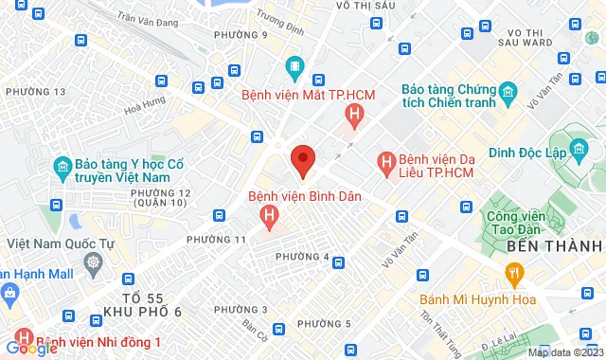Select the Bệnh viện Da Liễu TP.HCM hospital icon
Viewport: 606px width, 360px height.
coord(386,163)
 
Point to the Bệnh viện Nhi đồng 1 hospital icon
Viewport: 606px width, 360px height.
coord(21,341)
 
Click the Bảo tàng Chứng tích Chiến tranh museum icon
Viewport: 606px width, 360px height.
coord(508,91)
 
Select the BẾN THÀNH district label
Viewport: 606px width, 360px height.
coord(555,245)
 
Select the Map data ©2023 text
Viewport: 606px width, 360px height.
coord(563,352)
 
